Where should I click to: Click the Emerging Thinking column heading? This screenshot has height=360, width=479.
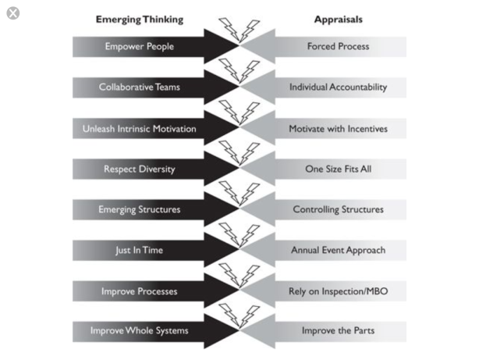[139, 18]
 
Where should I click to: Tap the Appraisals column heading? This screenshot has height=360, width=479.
[338, 18]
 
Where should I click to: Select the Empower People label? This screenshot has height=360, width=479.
[140, 46]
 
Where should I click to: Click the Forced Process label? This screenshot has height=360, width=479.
[338, 46]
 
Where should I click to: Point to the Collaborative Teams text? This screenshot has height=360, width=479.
[140, 87]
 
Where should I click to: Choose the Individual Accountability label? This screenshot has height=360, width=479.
[338, 87]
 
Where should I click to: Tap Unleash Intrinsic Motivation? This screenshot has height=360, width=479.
[140, 128]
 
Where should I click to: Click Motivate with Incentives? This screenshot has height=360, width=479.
[338, 128]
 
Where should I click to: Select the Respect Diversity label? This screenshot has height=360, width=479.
[140, 169]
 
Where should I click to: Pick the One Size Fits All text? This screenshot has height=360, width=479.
[338, 169]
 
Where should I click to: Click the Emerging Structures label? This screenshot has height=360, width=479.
[140, 209]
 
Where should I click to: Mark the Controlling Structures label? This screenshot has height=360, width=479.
[338, 209]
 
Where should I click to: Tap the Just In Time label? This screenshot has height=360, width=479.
[140, 250]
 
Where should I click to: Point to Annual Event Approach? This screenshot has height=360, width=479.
[338, 250]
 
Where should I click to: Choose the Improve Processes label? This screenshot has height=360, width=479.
[140, 291]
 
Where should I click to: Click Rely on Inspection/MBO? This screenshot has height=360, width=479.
[338, 291]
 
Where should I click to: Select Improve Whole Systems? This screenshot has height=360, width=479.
[140, 331]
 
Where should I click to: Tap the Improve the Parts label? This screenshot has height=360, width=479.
[338, 331]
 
